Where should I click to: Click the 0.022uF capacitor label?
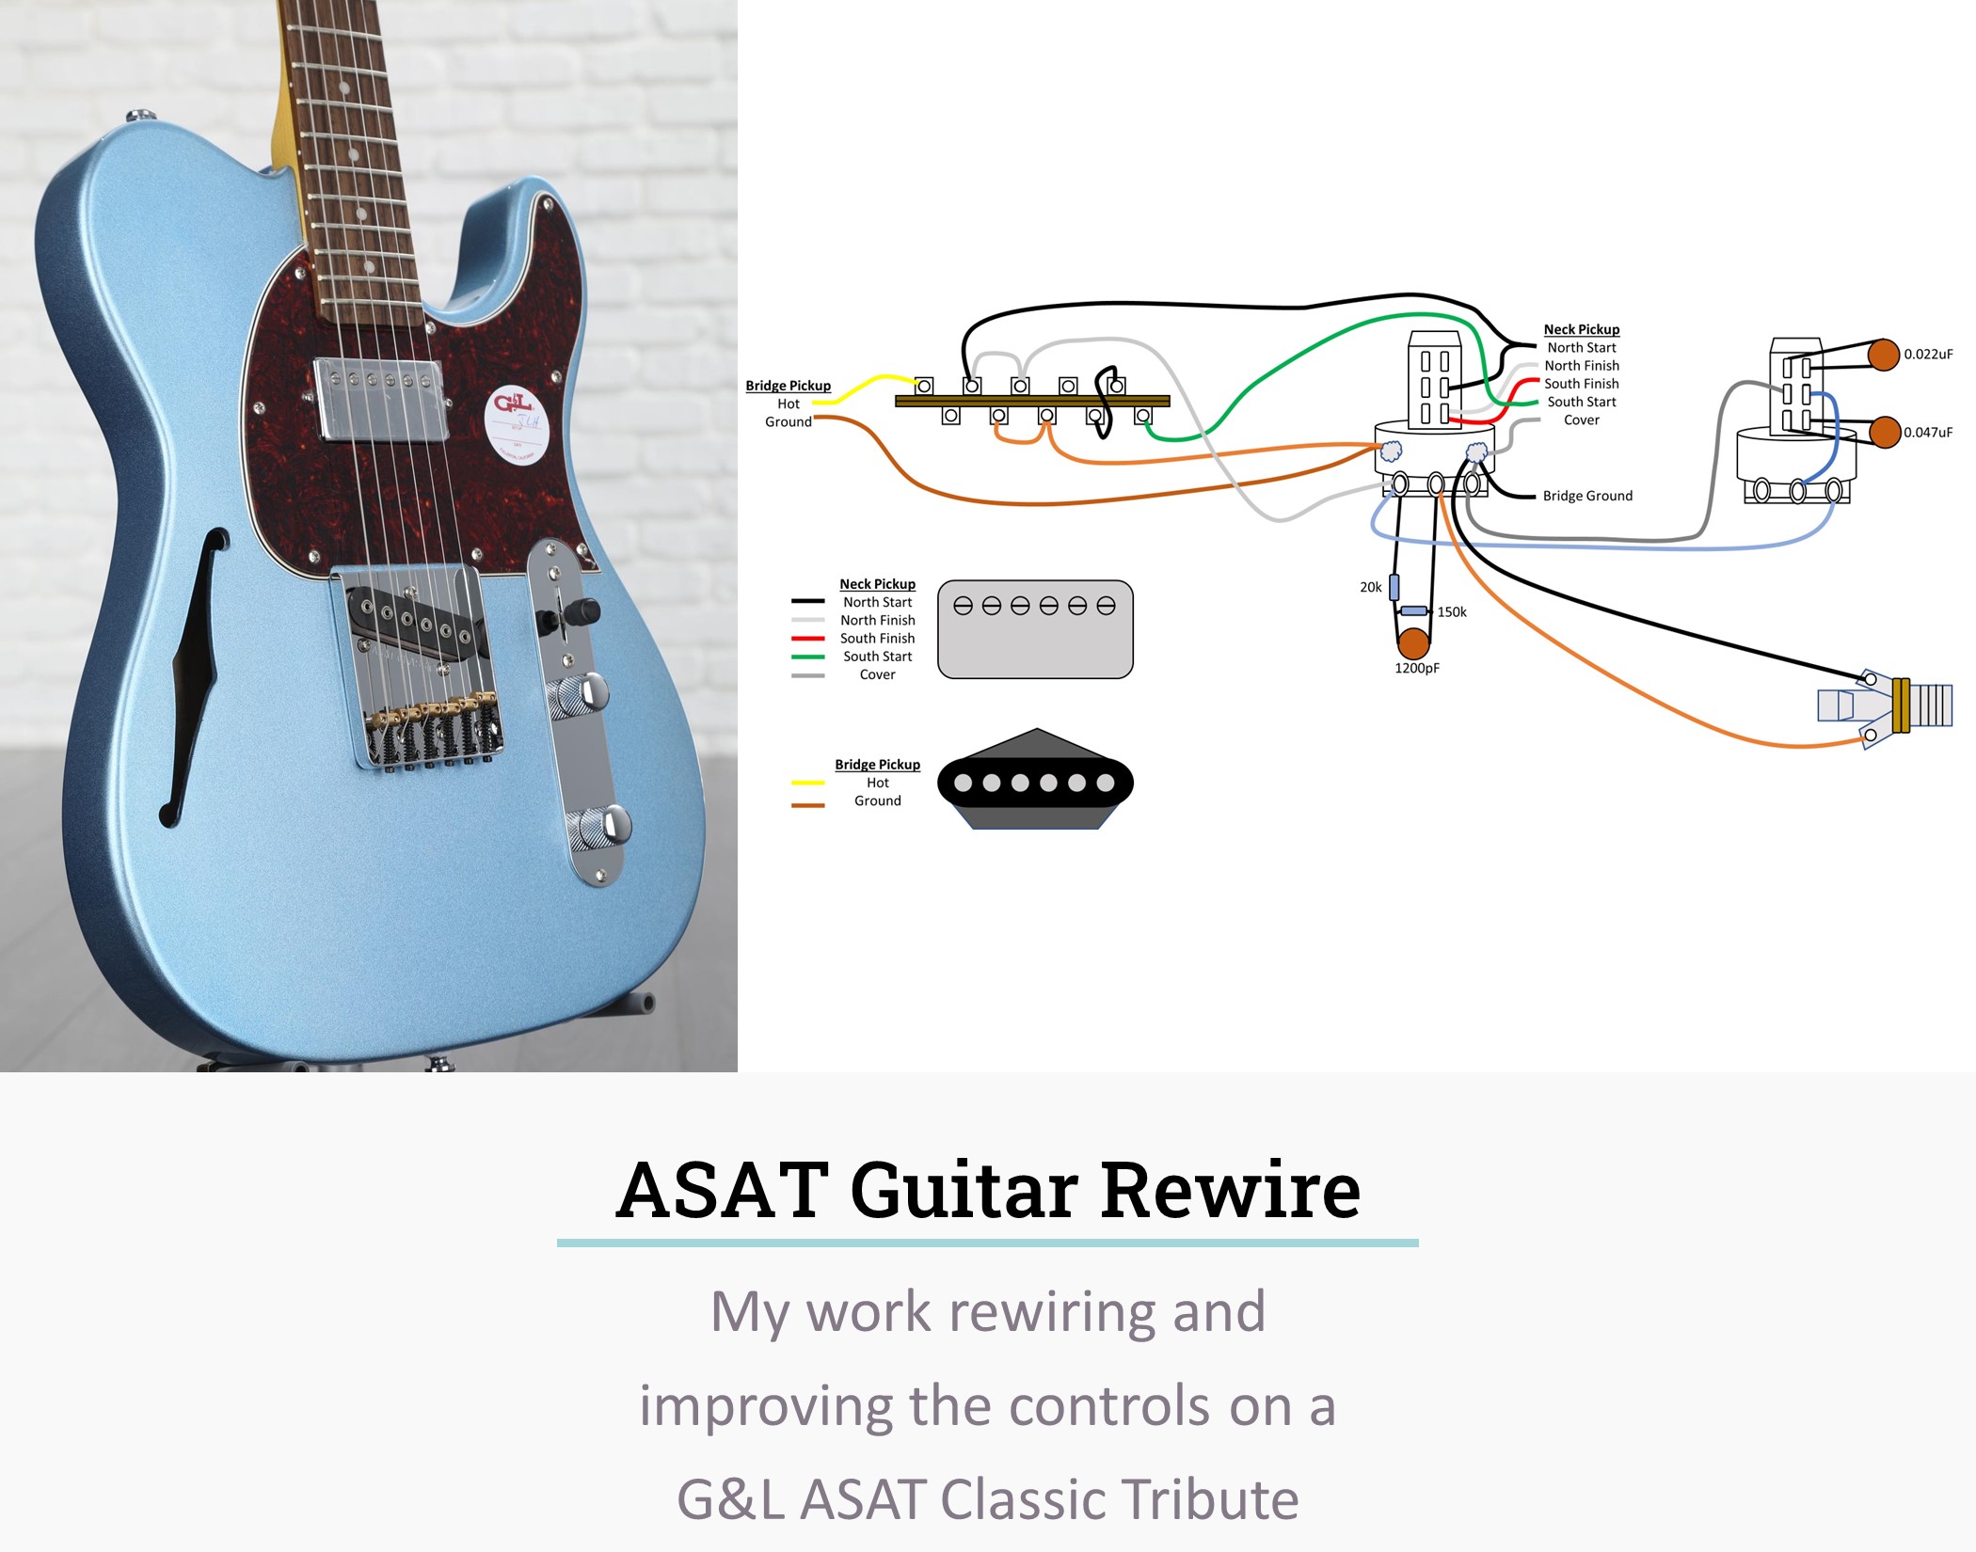pos(1927,355)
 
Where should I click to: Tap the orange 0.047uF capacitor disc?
pos(1885,433)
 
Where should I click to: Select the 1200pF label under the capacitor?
pos(1416,668)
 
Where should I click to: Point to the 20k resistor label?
pos(1370,587)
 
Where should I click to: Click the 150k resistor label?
pos(1451,611)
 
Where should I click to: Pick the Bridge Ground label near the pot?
pos(1586,496)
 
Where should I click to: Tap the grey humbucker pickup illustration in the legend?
pos(1035,629)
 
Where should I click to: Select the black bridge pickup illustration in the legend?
pos(1035,781)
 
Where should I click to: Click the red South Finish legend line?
pos(807,639)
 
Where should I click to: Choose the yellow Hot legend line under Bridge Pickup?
pos(807,783)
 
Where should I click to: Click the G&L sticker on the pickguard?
pos(517,423)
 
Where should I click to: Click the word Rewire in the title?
pos(1230,1191)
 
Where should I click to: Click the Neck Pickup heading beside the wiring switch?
pos(1581,329)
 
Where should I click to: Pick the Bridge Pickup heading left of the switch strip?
pos(788,386)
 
